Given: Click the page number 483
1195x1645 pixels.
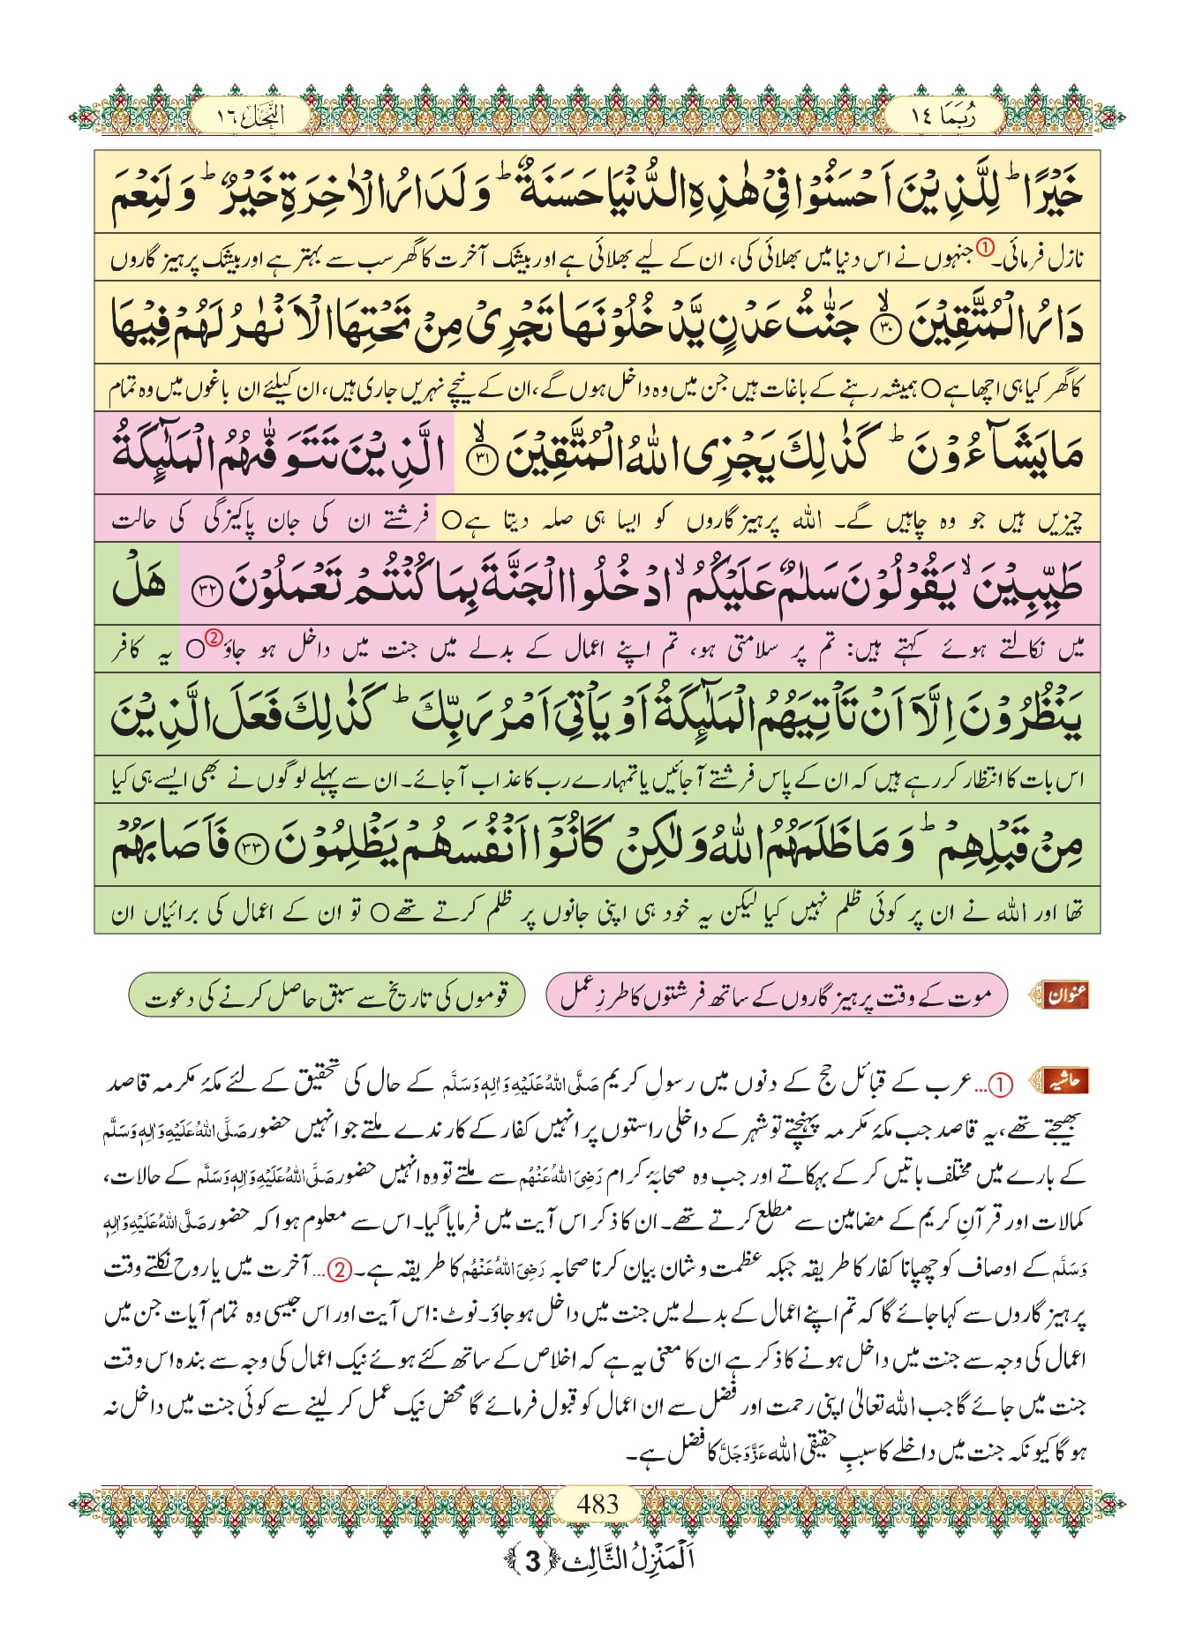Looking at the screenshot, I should pos(597,1503).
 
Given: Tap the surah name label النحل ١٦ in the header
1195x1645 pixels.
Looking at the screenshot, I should pos(251,116).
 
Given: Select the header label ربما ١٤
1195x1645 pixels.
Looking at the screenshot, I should pos(943,116).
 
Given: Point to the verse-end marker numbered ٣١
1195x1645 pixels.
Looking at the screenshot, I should pos(477,461).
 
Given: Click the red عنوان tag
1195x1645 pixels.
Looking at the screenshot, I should pos(1065,995).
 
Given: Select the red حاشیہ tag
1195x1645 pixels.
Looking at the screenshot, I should pos(1063,1081).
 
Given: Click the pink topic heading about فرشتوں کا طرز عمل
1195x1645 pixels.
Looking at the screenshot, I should pos(776,995).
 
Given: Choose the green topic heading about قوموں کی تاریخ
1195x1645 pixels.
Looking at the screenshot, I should pos(327,995).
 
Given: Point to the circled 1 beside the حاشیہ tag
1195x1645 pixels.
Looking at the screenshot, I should pos(1001,1085).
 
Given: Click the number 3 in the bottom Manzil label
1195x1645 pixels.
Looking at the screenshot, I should pos(532,1560).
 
